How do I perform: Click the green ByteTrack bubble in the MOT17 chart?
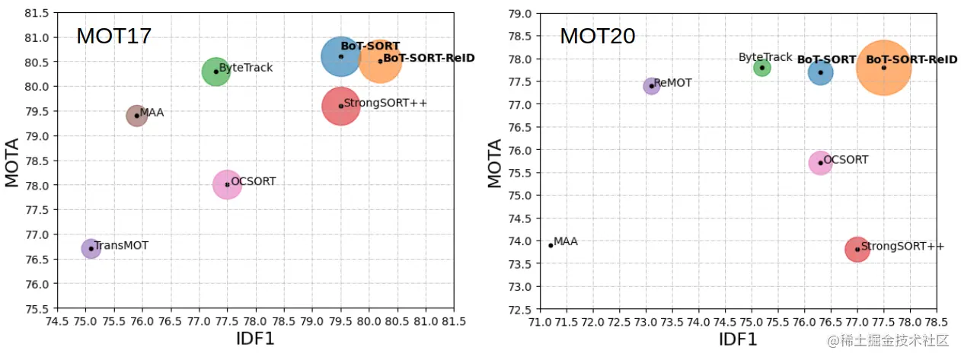click(216, 72)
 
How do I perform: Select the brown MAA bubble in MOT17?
click(136, 116)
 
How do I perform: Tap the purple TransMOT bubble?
click(91, 248)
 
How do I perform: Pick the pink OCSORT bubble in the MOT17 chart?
click(227, 184)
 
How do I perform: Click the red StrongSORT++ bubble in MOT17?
click(340, 106)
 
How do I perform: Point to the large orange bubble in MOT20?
click(883, 68)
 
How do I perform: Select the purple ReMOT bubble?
click(651, 86)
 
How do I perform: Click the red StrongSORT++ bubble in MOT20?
click(857, 249)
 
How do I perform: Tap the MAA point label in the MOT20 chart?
click(566, 242)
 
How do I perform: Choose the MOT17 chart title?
click(114, 36)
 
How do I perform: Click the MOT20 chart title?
click(598, 36)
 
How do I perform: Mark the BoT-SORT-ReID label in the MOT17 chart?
click(429, 58)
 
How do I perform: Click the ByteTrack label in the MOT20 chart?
click(765, 57)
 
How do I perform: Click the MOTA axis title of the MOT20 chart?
click(495, 162)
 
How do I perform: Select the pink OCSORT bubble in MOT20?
click(820, 162)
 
